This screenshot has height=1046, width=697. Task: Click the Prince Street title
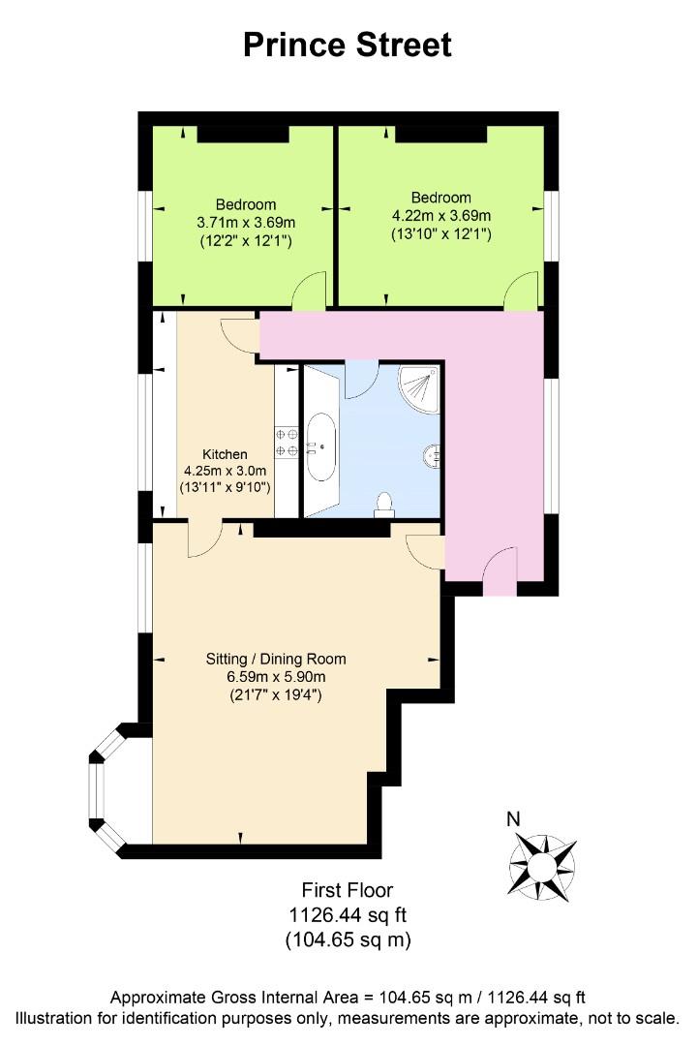pyautogui.click(x=348, y=46)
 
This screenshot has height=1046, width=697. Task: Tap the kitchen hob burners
pyautogui.click(x=287, y=443)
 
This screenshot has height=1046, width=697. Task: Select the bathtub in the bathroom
pyautogui.click(x=321, y=446)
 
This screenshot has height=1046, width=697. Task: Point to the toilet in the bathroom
pyautogui.click(x=383, y=505)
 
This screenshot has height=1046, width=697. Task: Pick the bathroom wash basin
pyautogui.click(x=431, y=456)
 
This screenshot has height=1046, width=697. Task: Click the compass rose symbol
pyautogui.click(x=541, y=867)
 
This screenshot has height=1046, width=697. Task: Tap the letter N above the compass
pyautogui.click(x=513, y=818)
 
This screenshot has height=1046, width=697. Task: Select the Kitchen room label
pyautogui.click(x=225, y=454)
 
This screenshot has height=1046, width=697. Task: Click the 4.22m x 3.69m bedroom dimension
pyautogui.click(x=440, y=216)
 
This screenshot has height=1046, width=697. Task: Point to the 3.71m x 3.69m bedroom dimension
pyautogui.click(x=246, y=223)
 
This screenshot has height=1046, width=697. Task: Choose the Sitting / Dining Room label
pyautogui.click(x=276, y=660)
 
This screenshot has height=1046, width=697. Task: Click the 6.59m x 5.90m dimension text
pyautogui.click(x=276, y=677)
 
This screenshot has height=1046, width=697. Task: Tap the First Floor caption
pyautogui.click(x=348, y=890)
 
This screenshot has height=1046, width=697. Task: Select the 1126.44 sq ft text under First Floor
pyautogui.click(x=348, y=914)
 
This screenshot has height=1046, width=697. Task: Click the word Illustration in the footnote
pyautogui.click(x=52, y=1019)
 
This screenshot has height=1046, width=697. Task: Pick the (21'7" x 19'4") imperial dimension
pyautogui.click(x=276, y=695)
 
